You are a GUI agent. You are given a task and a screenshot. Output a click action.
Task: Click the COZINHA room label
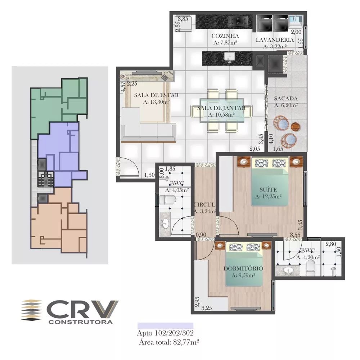pos(225,36)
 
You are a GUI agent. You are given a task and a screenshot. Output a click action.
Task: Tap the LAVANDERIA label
pos(275,40)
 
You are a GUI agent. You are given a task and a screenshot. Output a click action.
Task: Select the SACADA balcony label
pos(285,98)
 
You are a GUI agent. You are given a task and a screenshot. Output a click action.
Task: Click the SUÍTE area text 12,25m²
pos(268,197)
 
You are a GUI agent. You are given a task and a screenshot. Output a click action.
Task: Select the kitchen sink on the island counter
pos(228,57)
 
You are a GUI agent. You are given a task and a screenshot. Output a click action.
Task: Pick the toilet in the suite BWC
pos(309,267)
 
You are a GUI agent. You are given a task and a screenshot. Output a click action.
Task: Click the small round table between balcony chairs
pos(295,127)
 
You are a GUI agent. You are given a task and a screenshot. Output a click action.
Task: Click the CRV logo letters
pos(83,309)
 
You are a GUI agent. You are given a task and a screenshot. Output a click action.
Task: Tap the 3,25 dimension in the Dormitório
pos(207,308)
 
